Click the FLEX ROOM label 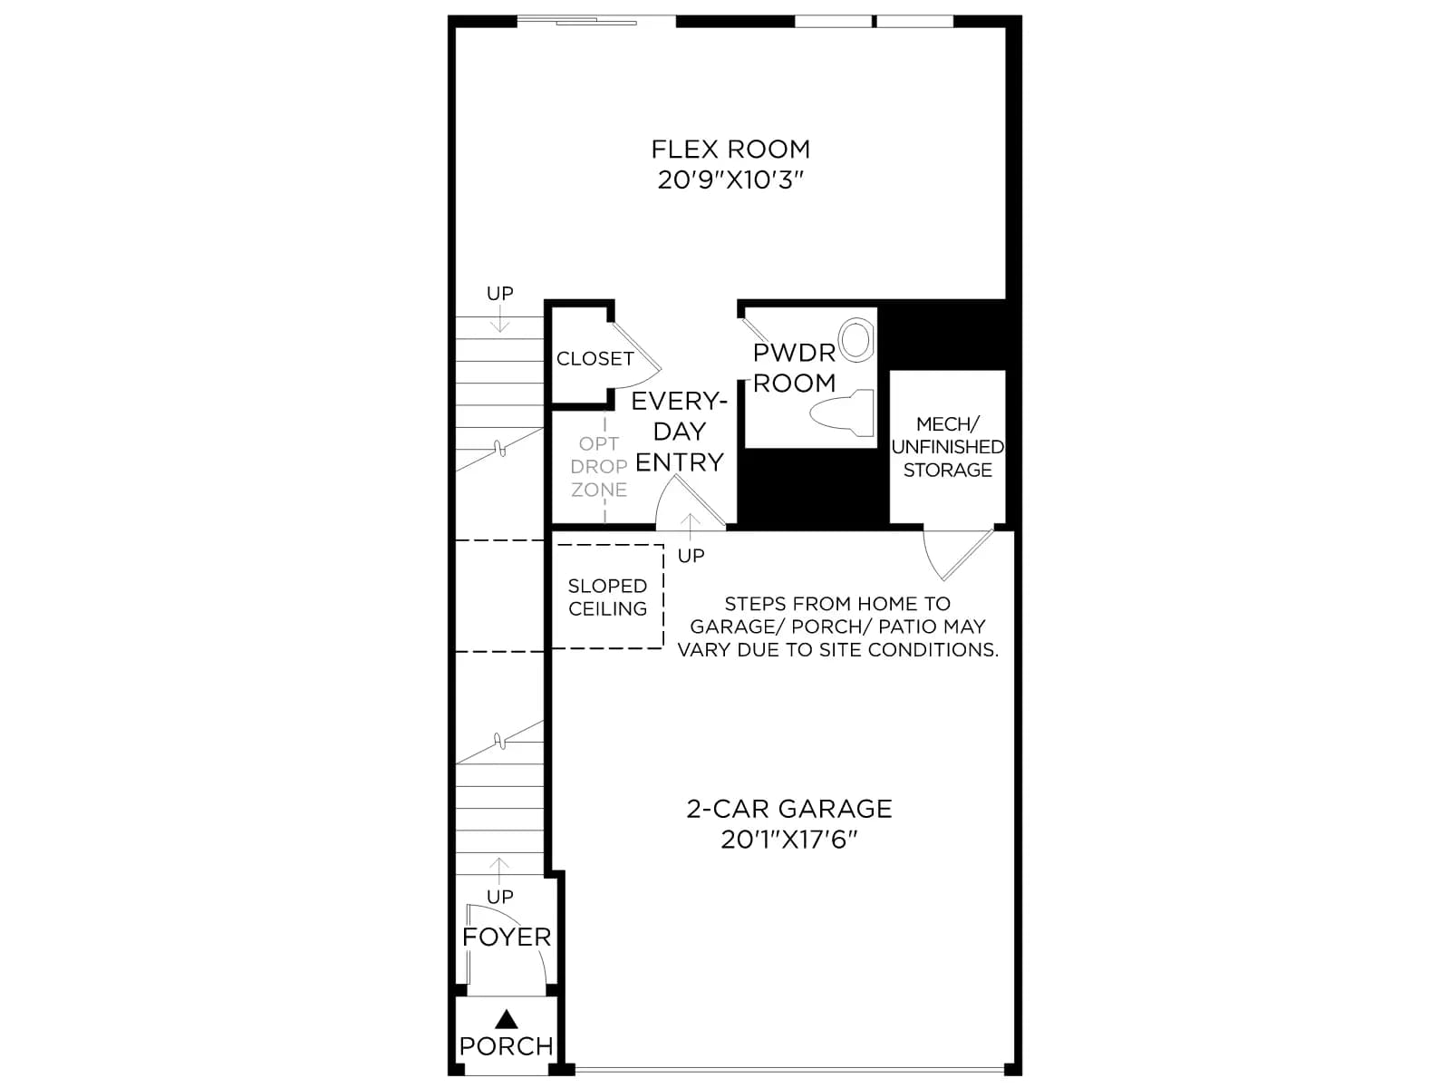pyautogui.click(x=730, y=150)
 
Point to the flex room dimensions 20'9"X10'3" pyautogui.click(x=730, y=180)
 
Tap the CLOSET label pyautogui.click(x=594, y=359)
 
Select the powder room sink pyautogui.click(x=856, y=340)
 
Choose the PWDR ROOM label pyautogui.click(x=794, y=368)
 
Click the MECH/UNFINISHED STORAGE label pyautogui.click(x=947, y=447)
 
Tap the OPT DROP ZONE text pyautogui.click(x=598, y=466)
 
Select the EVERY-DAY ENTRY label pyautogui.click(x=679, y=432)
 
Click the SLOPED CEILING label pyautogui.click(x=607, y=597)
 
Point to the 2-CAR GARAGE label pyautogui.click(x=789, y=809)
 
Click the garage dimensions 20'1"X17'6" pyautogui.click(x=789, y=840)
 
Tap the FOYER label pyautogui.click(x=507, y=937)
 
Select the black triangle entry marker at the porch pyautogui.click(x=507, y=1019)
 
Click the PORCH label pyautogui.click(x=507, y=1046)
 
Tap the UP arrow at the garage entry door pyautogui.click(x=691, y=527)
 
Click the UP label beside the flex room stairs pyautogui.click(x=500, y=293)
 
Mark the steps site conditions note pyautogui.click(x=837, y=627)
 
